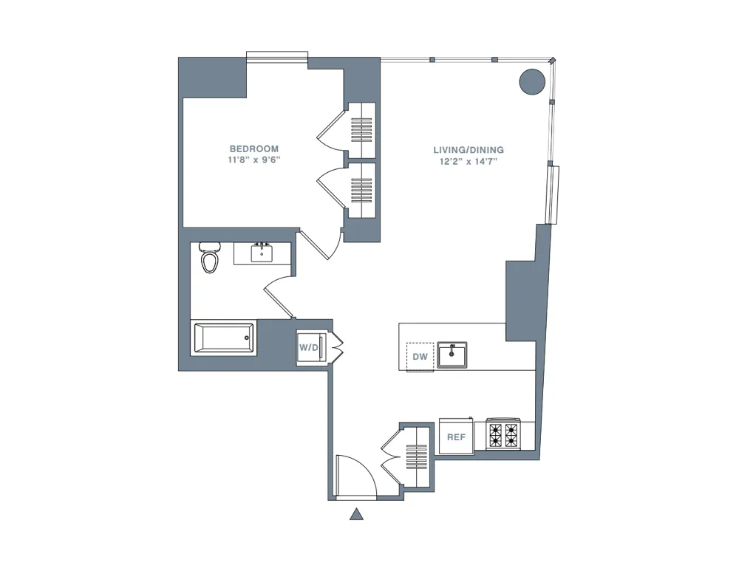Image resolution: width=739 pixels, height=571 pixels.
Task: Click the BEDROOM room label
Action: (x=253, y=148)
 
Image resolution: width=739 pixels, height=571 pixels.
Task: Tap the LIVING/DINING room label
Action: (x=469, y=150)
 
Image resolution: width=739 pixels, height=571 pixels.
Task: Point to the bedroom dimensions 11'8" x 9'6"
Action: (x=253, y=160)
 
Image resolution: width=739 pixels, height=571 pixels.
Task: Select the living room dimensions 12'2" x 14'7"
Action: (x=469, y=161)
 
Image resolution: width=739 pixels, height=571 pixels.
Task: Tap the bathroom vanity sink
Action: (x=262, y=253)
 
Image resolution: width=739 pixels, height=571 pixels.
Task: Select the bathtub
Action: (x=223, y=338)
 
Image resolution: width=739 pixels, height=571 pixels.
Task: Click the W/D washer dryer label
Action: (x=307, y=347)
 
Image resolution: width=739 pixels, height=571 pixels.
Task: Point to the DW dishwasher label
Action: (x=420, y=357)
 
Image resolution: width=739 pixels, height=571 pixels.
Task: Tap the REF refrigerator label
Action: (x=456, y=437)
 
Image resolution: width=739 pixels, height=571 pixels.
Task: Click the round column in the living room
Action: (x=532, y=81)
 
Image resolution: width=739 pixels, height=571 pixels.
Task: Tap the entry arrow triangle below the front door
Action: (x=357, y=514)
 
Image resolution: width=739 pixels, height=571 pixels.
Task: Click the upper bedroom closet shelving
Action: (x=362, y=130)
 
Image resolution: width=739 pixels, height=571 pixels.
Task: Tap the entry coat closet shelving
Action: (x=416, y=457)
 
